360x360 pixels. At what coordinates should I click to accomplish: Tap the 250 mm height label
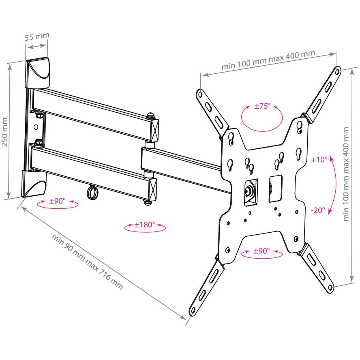tap(5, 132)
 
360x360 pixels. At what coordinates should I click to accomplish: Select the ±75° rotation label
tap(262, 106)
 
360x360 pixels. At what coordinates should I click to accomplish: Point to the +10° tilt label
tap(319, 159)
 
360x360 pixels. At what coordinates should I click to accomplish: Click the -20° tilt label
tap(318, 210)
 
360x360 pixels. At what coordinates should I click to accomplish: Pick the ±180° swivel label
tap(145, 224)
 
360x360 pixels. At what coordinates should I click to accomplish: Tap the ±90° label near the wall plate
tap(58, 201)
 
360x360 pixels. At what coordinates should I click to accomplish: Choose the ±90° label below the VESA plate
tap(261, 251)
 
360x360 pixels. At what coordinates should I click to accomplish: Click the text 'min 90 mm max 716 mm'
tap(87, 261)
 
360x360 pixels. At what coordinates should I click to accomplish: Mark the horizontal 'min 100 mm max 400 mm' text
tap(268, 60)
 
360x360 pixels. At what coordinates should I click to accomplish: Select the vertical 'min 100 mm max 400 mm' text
tap(346, 174)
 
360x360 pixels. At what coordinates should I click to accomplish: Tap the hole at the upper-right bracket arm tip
tap(337, 72)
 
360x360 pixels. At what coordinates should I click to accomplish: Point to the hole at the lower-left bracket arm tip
tap(193, 311)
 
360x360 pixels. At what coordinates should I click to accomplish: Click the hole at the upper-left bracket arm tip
tap(200, 94)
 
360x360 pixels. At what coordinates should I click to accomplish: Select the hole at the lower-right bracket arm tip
tap(330, 287)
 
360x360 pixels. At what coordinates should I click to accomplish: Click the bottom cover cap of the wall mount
tap(34, 183)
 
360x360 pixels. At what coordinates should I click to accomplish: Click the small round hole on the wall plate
tap(36, 127)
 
